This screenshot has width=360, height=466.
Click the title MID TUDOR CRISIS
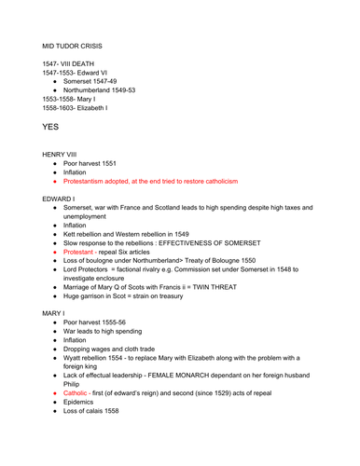68,44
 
